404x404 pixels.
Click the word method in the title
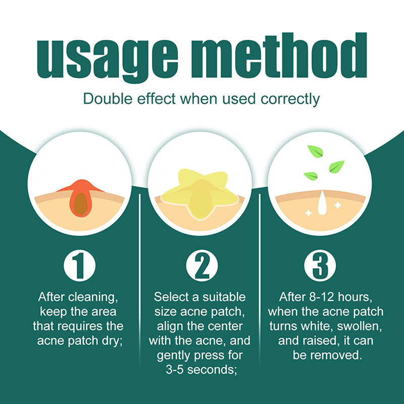[x=279, y=55]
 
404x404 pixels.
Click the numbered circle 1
[x=80, y=266]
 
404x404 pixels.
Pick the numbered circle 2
[x=201, y=266]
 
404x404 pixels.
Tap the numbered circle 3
[x=320, y=266]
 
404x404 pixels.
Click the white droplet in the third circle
[x=322, y=203]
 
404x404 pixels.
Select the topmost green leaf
[x=315, y=151]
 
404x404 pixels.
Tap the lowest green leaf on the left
[x=311, y=176]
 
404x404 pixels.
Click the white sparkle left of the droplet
[x=309, y=213]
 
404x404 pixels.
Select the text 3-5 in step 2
[x=175, y=370]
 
